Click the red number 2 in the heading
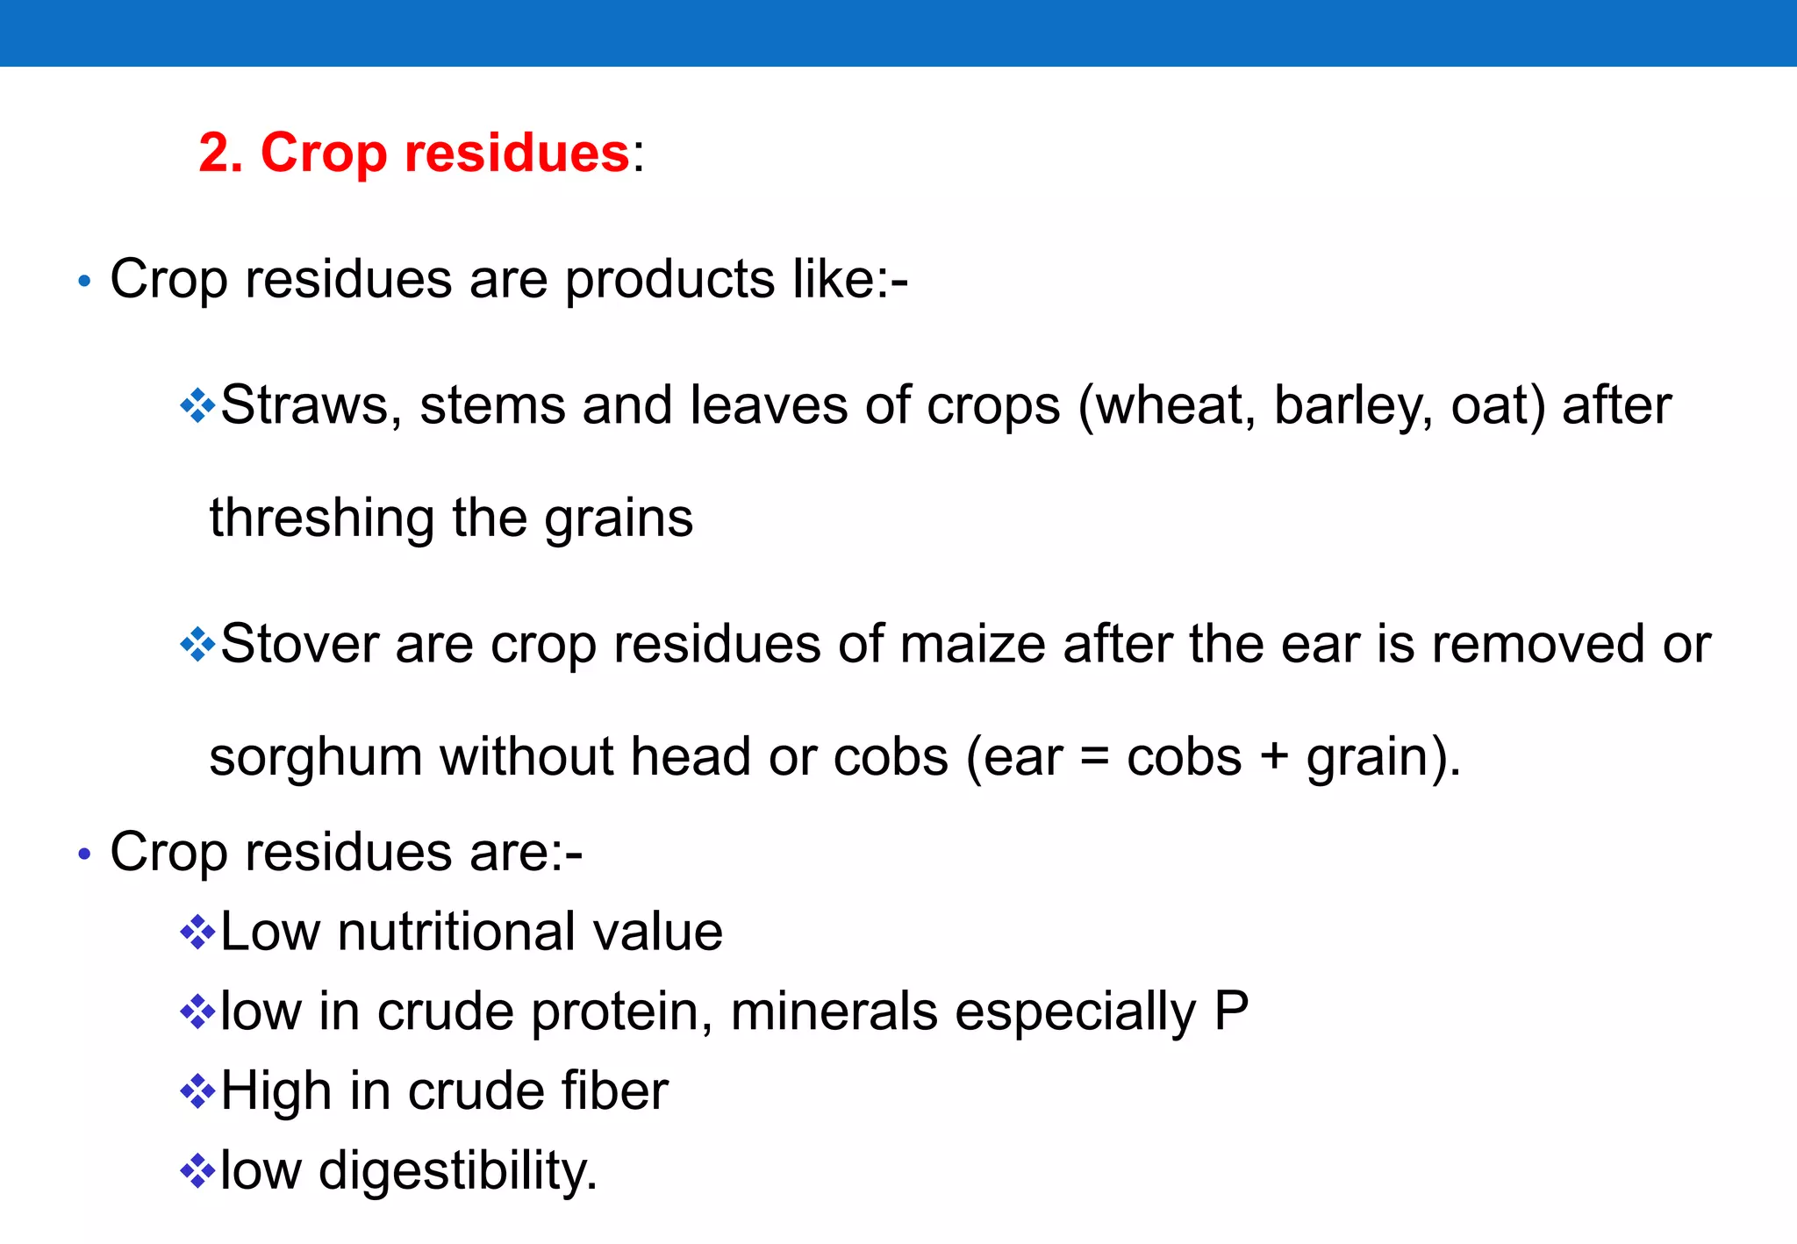(x=216, y=153)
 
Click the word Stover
(x=299, y=645)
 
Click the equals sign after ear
(x=1094, y=756)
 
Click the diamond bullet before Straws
(x=197, y=406)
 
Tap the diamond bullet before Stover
(x=197, y=645)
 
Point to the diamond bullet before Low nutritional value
(x=197, y=932)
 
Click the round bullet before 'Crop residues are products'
(x=84, y=282)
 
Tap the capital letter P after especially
(x=1231, y=1011)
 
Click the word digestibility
(x=457, y=1172)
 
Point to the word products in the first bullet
(x=669, y=282)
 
